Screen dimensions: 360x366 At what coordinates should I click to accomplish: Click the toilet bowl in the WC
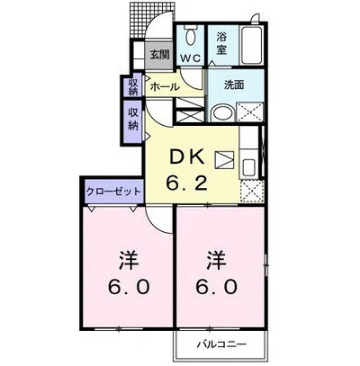[190, 36]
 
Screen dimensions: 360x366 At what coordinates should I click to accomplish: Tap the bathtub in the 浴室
[252, 46]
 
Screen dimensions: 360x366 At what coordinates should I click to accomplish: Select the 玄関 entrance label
[159, 55]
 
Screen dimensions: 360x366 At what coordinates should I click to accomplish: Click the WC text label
[191, 58]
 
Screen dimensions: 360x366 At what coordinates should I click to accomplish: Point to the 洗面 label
[234, 85]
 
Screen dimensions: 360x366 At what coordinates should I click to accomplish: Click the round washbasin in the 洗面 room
[222, 112]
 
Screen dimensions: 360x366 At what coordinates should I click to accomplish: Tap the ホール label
[165, 87]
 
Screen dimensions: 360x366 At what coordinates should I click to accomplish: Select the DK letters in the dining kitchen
[187, 157]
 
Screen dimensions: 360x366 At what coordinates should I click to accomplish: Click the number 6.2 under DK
[186, 183]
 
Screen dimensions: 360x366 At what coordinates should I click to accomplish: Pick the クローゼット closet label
[113, 191]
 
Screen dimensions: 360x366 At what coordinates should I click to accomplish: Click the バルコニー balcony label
[221, 344]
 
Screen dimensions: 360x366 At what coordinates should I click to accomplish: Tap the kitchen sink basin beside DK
[248, 168]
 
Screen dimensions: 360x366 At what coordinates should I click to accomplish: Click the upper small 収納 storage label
[133, 86]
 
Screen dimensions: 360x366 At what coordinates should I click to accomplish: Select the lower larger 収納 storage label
[133, 119]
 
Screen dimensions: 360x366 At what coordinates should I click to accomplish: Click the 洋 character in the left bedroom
[129, 260]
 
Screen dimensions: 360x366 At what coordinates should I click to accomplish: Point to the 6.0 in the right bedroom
[217, 287]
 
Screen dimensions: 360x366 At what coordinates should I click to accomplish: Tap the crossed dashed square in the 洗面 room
[249, 112]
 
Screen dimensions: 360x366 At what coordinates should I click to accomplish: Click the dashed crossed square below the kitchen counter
[252, 191]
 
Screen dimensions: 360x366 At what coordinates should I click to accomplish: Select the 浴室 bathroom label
[221, 43]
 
